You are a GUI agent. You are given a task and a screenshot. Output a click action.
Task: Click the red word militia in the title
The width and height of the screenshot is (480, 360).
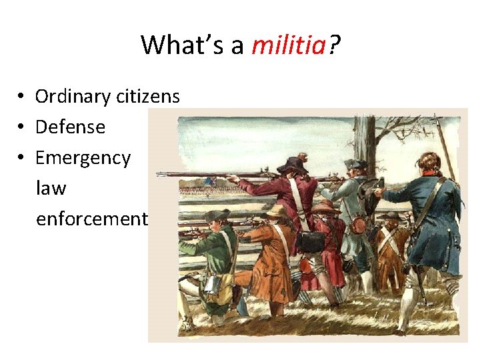(x=289, y=45)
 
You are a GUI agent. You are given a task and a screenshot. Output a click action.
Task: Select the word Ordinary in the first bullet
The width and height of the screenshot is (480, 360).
(x=73, y=97)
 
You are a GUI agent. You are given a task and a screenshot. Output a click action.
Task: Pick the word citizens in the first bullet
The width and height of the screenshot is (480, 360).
(x=147, y=97)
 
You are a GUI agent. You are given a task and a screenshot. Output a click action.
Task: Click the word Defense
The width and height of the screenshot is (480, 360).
(x=70, y=127)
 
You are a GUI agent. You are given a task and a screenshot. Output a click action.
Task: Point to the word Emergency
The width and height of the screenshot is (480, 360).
(x=83, y=158)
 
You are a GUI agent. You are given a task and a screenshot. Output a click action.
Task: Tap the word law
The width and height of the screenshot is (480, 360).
(x=51, y=188)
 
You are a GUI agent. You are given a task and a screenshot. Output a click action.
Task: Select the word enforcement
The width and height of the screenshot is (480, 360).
(x=91, y=219)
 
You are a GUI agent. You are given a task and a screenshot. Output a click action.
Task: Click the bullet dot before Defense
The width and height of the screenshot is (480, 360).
(x=22, y=127)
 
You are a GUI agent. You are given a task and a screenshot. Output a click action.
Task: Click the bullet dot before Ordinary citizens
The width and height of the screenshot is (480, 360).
(x=22, y=97)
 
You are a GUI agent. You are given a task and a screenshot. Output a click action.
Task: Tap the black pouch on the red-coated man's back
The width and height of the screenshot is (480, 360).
(x=311, y=241)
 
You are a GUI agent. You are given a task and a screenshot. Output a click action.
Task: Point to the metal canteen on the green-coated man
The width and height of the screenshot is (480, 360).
(x=212, y=285)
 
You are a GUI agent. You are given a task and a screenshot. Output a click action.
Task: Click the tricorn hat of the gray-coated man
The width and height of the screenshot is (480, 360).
(x=355, y=164)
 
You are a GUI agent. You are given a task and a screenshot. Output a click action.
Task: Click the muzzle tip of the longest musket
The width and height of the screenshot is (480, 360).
(x=159, y=174)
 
